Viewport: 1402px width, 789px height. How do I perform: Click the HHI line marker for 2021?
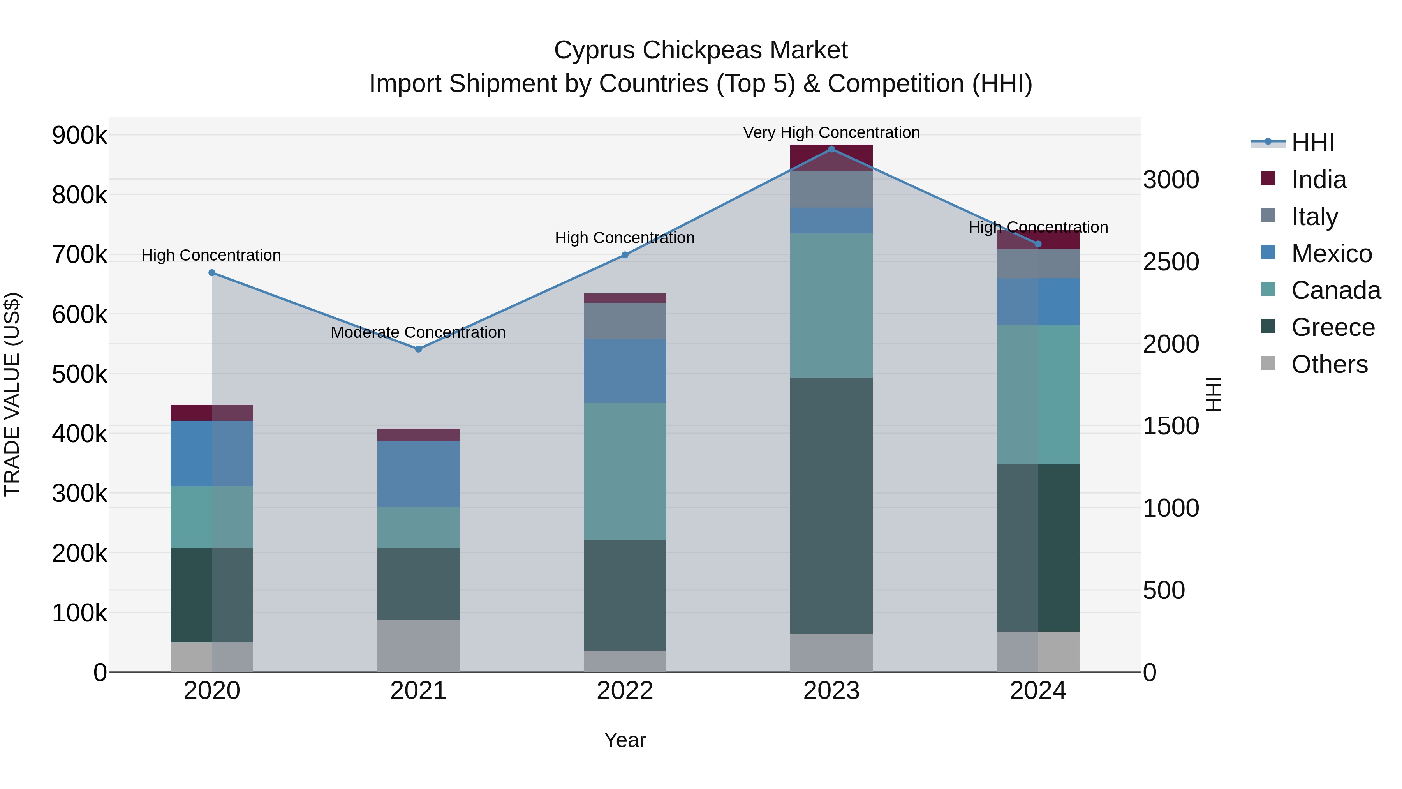pyautogui.click(x=419, y=349)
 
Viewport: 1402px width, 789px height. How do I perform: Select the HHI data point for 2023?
pyautogui.click(x=831, y=149)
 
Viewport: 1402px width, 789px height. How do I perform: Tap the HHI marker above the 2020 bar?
pyautogui.click(x=212, y=273)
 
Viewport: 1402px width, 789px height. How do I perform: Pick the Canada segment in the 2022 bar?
pyautogui.click(x=625, y=471)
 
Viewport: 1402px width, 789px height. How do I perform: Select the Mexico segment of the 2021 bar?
pyautogui.click(x=419, y=474)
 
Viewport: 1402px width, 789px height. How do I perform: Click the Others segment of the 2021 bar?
pyautogui.click(x=419, y=645)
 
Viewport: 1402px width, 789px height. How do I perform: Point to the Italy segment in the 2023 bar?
pyautogui.click(x=831, y=189)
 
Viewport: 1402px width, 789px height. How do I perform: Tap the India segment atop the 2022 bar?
pyautogui.click(x=625, y=298)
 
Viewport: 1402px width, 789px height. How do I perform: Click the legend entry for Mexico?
pyautogui.click(x=1331, y=254)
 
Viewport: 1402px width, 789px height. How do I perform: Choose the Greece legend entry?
pyautogui.click(x=1333, y=327)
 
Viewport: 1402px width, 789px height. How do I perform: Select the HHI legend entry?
pyautogui.click(x=1313, y=143)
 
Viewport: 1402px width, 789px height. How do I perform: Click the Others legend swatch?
pyautogui.click(x=1268, y=363)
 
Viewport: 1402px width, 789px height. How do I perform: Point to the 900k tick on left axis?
pyautogui.click(x=79, y=136)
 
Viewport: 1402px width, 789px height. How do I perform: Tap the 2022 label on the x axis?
pyautogui.click(x=625, y=691)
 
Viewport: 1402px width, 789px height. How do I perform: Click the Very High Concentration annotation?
pyautogui.click(x=831, y=132)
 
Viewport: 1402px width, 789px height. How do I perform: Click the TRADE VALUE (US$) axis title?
pyautogui.click(x=12, y=394)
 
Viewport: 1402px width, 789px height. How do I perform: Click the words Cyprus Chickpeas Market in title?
pyautogui.click(x=701, y=50)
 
